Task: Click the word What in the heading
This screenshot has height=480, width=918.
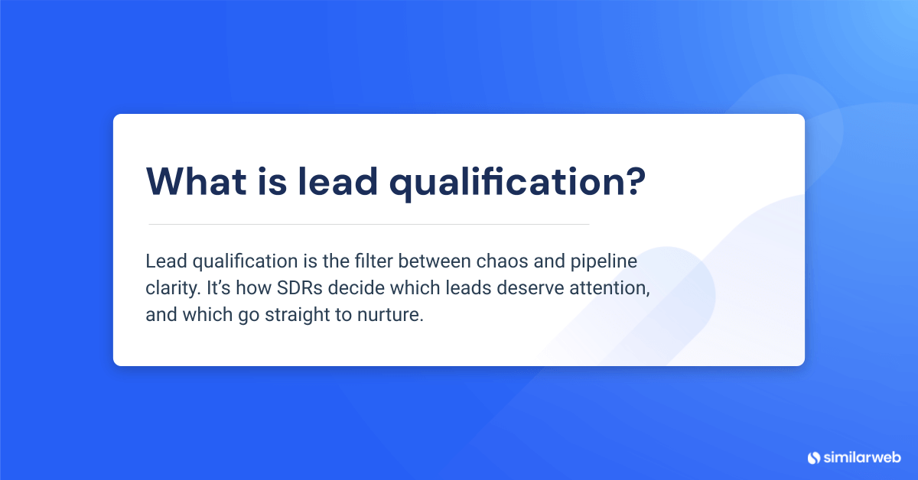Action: point(191,180)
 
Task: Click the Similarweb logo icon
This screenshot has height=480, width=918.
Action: point(814,457)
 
